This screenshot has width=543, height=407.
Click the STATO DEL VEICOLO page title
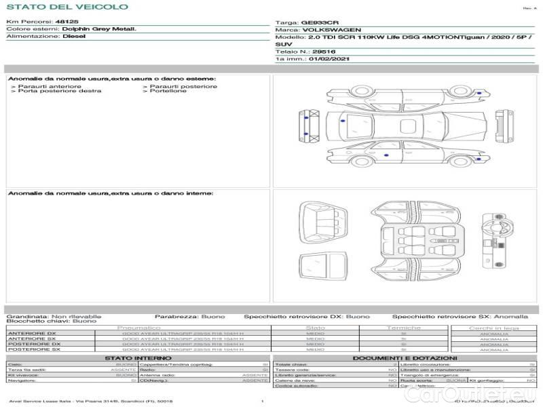[67, 7]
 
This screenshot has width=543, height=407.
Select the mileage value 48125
[67, 22]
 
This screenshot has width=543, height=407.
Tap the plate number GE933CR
[319, 22]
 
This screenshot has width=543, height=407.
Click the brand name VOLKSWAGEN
[331, 31]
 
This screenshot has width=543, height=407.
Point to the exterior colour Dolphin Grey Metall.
[99, 29]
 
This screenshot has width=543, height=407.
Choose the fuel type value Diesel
[74, 37]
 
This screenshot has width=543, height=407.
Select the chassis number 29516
[324, 52]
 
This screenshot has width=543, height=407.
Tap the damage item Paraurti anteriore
[50, 86]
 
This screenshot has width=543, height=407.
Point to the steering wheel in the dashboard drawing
[494, 222]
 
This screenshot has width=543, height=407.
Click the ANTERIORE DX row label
[32, 334]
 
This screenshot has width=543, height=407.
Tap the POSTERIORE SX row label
[33, 349]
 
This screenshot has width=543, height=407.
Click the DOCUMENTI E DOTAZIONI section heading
[405, 357]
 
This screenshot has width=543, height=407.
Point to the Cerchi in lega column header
[493, 328]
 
